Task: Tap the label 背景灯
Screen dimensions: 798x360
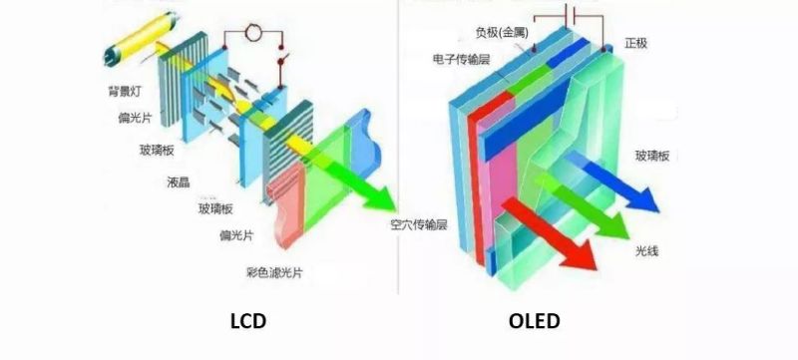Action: tap(127, 91)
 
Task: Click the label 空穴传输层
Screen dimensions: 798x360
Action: tap(418, 224)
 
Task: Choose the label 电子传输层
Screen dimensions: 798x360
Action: tap(463, 59)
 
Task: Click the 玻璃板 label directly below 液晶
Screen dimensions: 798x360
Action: tap(214, 208)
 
